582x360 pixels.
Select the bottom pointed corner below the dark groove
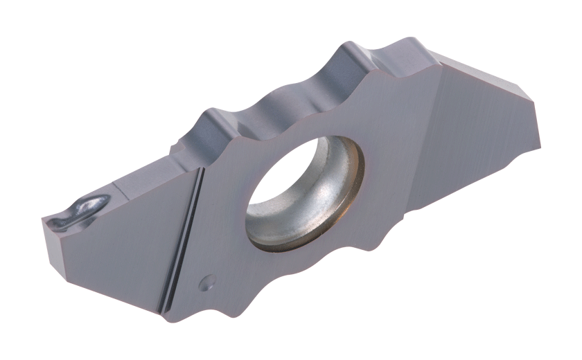coord(166,316)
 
